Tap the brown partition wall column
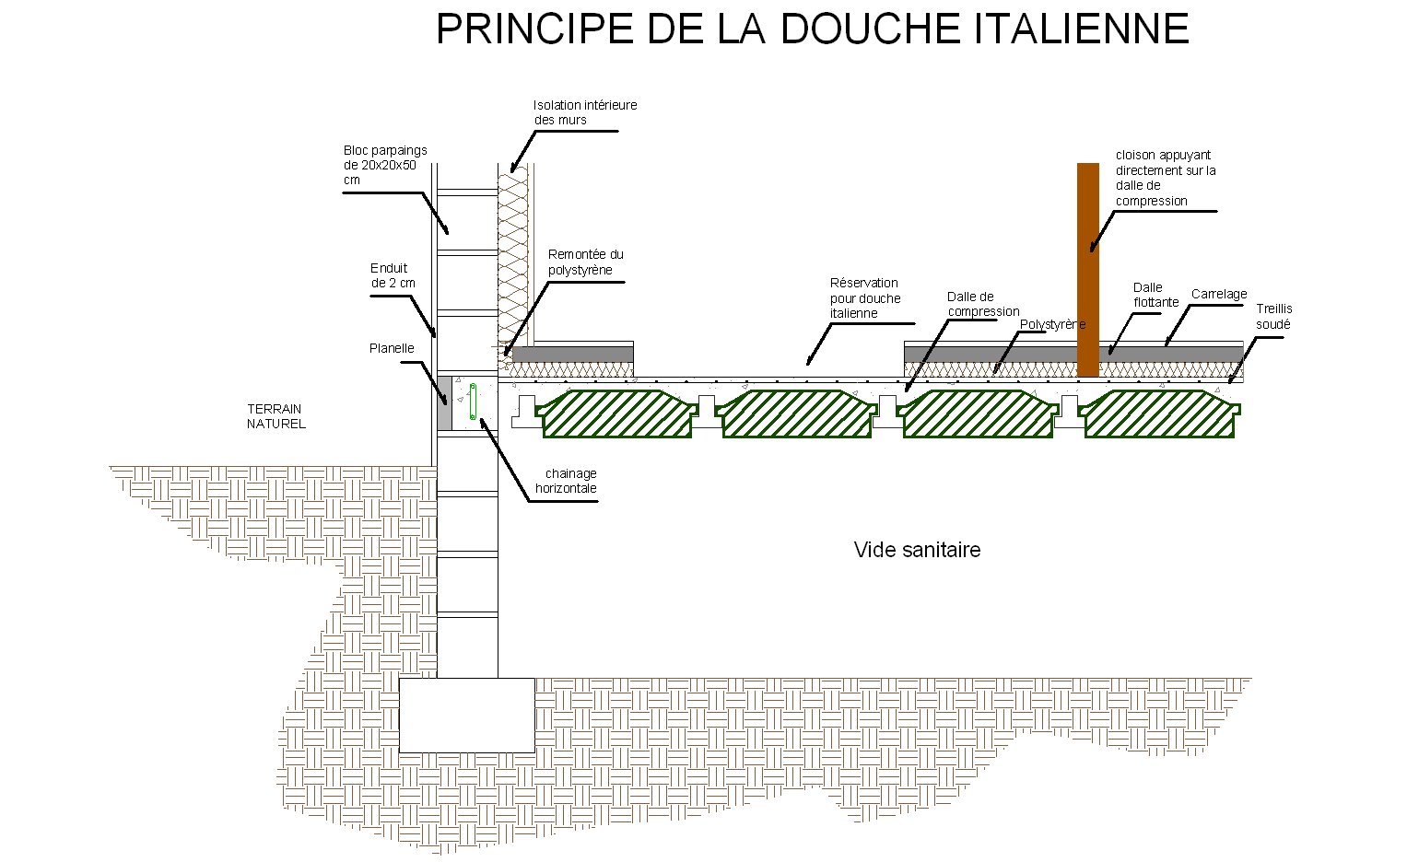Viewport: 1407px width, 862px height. [x=1088, y=270]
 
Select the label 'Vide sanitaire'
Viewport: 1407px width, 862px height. [x=917, y=550]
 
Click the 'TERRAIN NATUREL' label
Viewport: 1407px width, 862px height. [x=276, y=416]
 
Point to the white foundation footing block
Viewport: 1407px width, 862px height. [x=467, y=715]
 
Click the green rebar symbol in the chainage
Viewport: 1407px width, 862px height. [x=473, y=402]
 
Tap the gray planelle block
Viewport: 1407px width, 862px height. [x=444, y=403]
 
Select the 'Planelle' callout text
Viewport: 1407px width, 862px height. [x=392, y=348]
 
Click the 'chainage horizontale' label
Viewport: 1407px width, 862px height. [x=566, y=481]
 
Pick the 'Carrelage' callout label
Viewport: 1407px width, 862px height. [x=1219, y=295]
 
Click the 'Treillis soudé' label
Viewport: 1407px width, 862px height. [x=1273, y=317]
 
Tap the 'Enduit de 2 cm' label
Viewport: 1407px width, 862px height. [x=393, y=275]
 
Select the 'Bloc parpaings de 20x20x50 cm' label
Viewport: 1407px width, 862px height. [x=385, y=165]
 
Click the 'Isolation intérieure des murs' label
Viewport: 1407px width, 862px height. [x=585, y=112]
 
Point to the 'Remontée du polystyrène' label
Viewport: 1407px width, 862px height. [x=585, y=262]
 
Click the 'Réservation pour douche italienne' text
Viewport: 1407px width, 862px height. [x=865, y=298]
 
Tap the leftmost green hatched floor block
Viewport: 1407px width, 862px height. [x=616, y=414]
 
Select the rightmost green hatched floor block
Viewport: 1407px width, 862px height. [x=1159, y=414]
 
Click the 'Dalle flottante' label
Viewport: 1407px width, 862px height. [x=1155, y=295]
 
